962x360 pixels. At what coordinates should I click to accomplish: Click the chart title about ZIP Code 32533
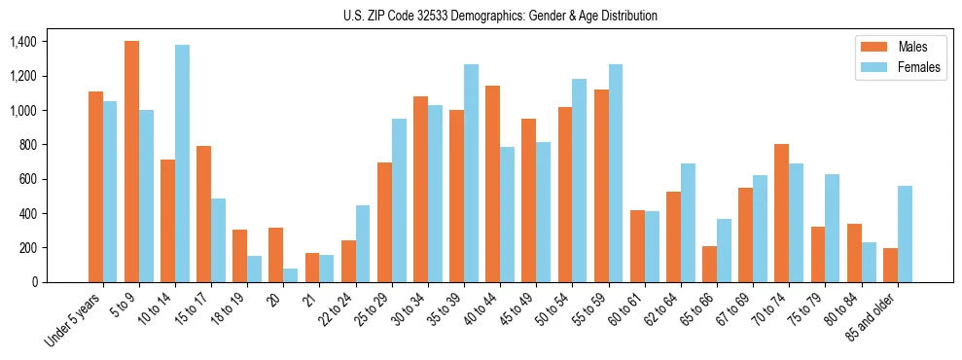pos(500,16)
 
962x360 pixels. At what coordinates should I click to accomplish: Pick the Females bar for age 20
pos(290,275)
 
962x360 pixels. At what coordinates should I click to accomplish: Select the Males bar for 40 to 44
pos(492,184)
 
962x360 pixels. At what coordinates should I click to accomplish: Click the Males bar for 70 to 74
pos(780,213)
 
